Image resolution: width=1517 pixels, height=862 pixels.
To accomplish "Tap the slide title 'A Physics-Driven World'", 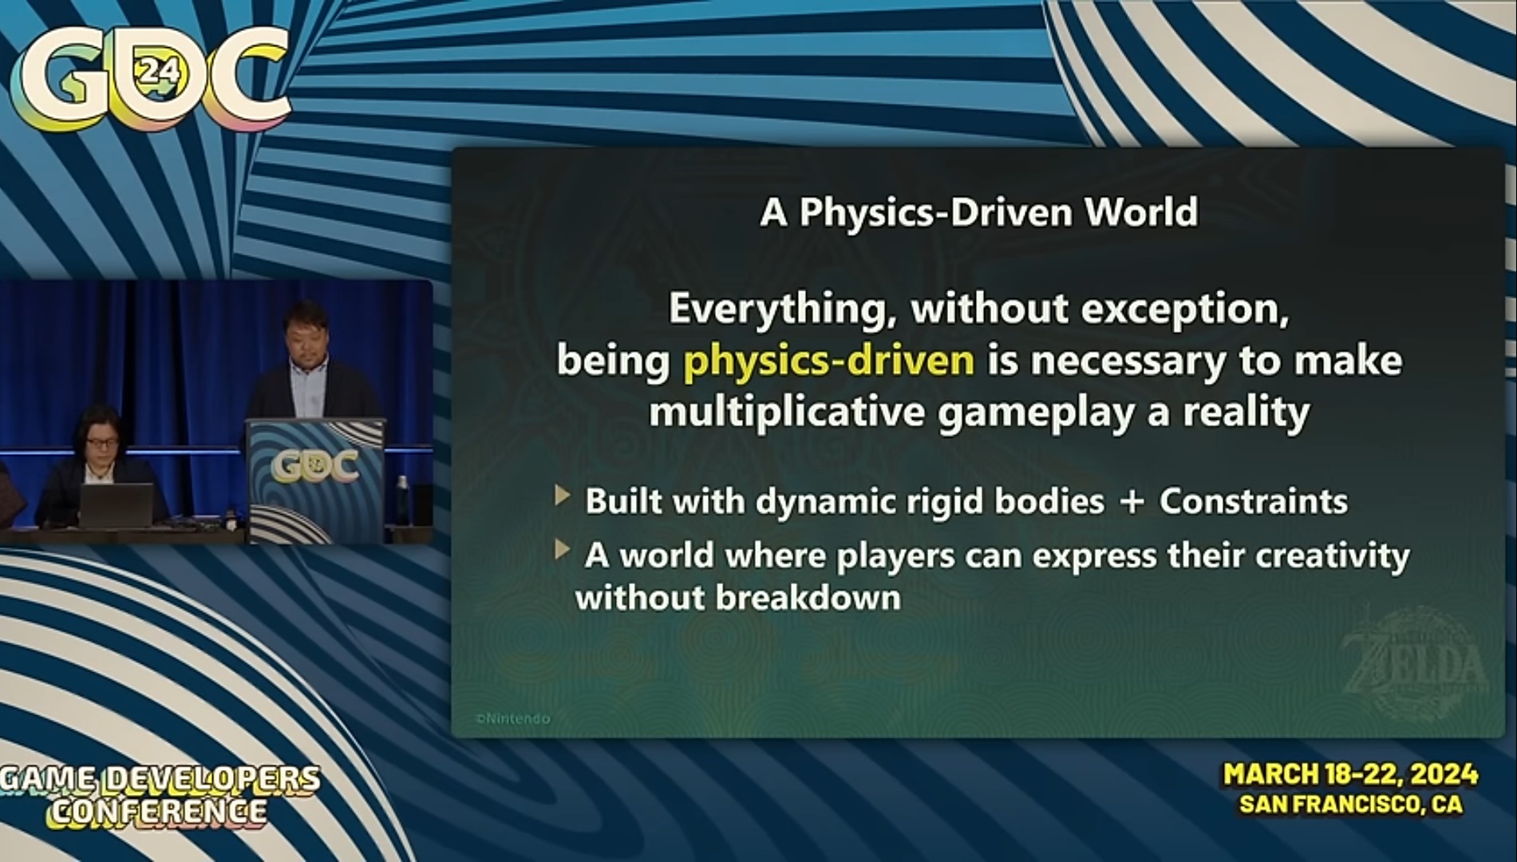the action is pos(979,212).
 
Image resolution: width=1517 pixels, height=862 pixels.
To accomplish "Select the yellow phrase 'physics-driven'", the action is pos(828,361).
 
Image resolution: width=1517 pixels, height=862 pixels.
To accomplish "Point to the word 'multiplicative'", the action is pos(787,412).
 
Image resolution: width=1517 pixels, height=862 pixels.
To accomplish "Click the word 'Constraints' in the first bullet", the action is pos(1253,501).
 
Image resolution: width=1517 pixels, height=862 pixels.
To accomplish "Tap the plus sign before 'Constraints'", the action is pos(1132,502).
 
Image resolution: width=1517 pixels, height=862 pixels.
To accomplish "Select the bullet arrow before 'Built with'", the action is pos(563,496).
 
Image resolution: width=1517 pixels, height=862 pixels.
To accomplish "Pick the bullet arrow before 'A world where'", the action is pos(563,549).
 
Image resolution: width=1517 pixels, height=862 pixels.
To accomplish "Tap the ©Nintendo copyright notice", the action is pos(512,718).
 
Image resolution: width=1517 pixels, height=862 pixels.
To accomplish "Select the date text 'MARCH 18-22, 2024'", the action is pos(1351,774).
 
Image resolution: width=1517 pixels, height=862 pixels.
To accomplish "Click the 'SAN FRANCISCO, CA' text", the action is pos(1350,804).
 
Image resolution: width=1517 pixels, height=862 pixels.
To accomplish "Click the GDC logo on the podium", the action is pos(314,466).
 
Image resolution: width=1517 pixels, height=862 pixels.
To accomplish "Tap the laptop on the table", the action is pos(116,505).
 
